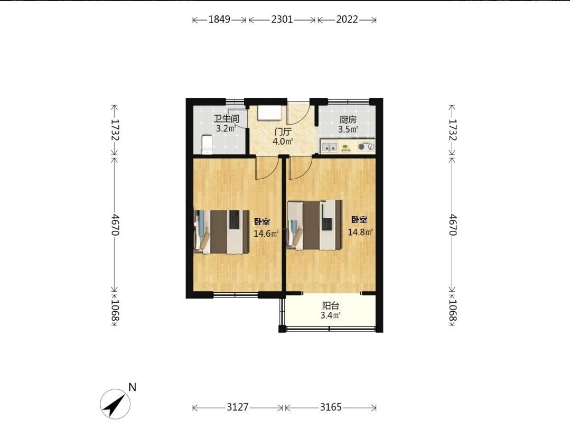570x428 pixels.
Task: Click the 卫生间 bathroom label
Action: tap(226, 119)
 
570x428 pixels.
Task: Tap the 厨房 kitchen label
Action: tap(348, 119)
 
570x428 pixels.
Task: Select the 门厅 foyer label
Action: tap(283, 132)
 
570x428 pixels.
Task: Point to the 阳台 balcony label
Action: tap(331, 306)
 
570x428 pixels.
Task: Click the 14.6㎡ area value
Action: tap(266, 234)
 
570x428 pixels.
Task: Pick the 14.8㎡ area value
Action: tap(360, 232)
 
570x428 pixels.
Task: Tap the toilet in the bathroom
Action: tap(207, 145)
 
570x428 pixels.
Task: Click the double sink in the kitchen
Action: tap(330, 147)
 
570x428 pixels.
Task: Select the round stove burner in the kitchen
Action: tap(361, 146)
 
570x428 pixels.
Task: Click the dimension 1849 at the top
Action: tap(219, 19)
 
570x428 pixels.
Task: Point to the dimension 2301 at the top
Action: tap(282, 19)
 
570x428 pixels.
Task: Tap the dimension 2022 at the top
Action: tap(347, 19)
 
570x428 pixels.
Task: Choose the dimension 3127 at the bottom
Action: tap(238, 407)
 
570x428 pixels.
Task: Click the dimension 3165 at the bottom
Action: tap(331, 407)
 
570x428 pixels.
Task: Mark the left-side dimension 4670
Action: tap(115, 225)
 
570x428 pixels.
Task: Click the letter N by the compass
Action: tap(132, 387)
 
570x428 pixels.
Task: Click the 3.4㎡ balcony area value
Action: tap(331, 315)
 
